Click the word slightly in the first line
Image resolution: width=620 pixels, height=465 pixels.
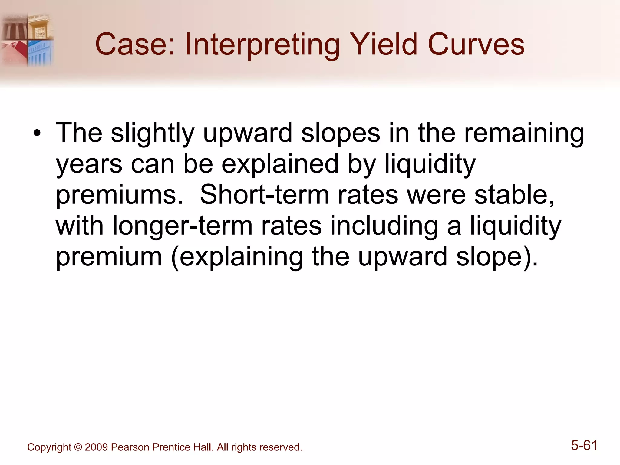click(x=152, y=133)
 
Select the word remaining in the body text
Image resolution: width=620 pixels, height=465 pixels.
click(x=524, y=133)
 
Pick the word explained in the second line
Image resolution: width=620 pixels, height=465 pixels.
click(x=280, y=164)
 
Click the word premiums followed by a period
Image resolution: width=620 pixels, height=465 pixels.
click(x=119, y=195)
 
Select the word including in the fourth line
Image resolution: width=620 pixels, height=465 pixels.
click(x=384, y=226)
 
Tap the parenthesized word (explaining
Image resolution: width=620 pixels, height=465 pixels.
click(x=236, y=257)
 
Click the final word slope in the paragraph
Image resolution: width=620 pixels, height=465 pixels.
click(x=493, y=257)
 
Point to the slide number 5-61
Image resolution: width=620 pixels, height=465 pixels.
click(x=584, y=445)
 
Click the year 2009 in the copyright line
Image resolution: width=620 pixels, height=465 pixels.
click(x=96, y=447)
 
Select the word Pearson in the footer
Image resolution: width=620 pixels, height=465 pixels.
click(x=130, y=447)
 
